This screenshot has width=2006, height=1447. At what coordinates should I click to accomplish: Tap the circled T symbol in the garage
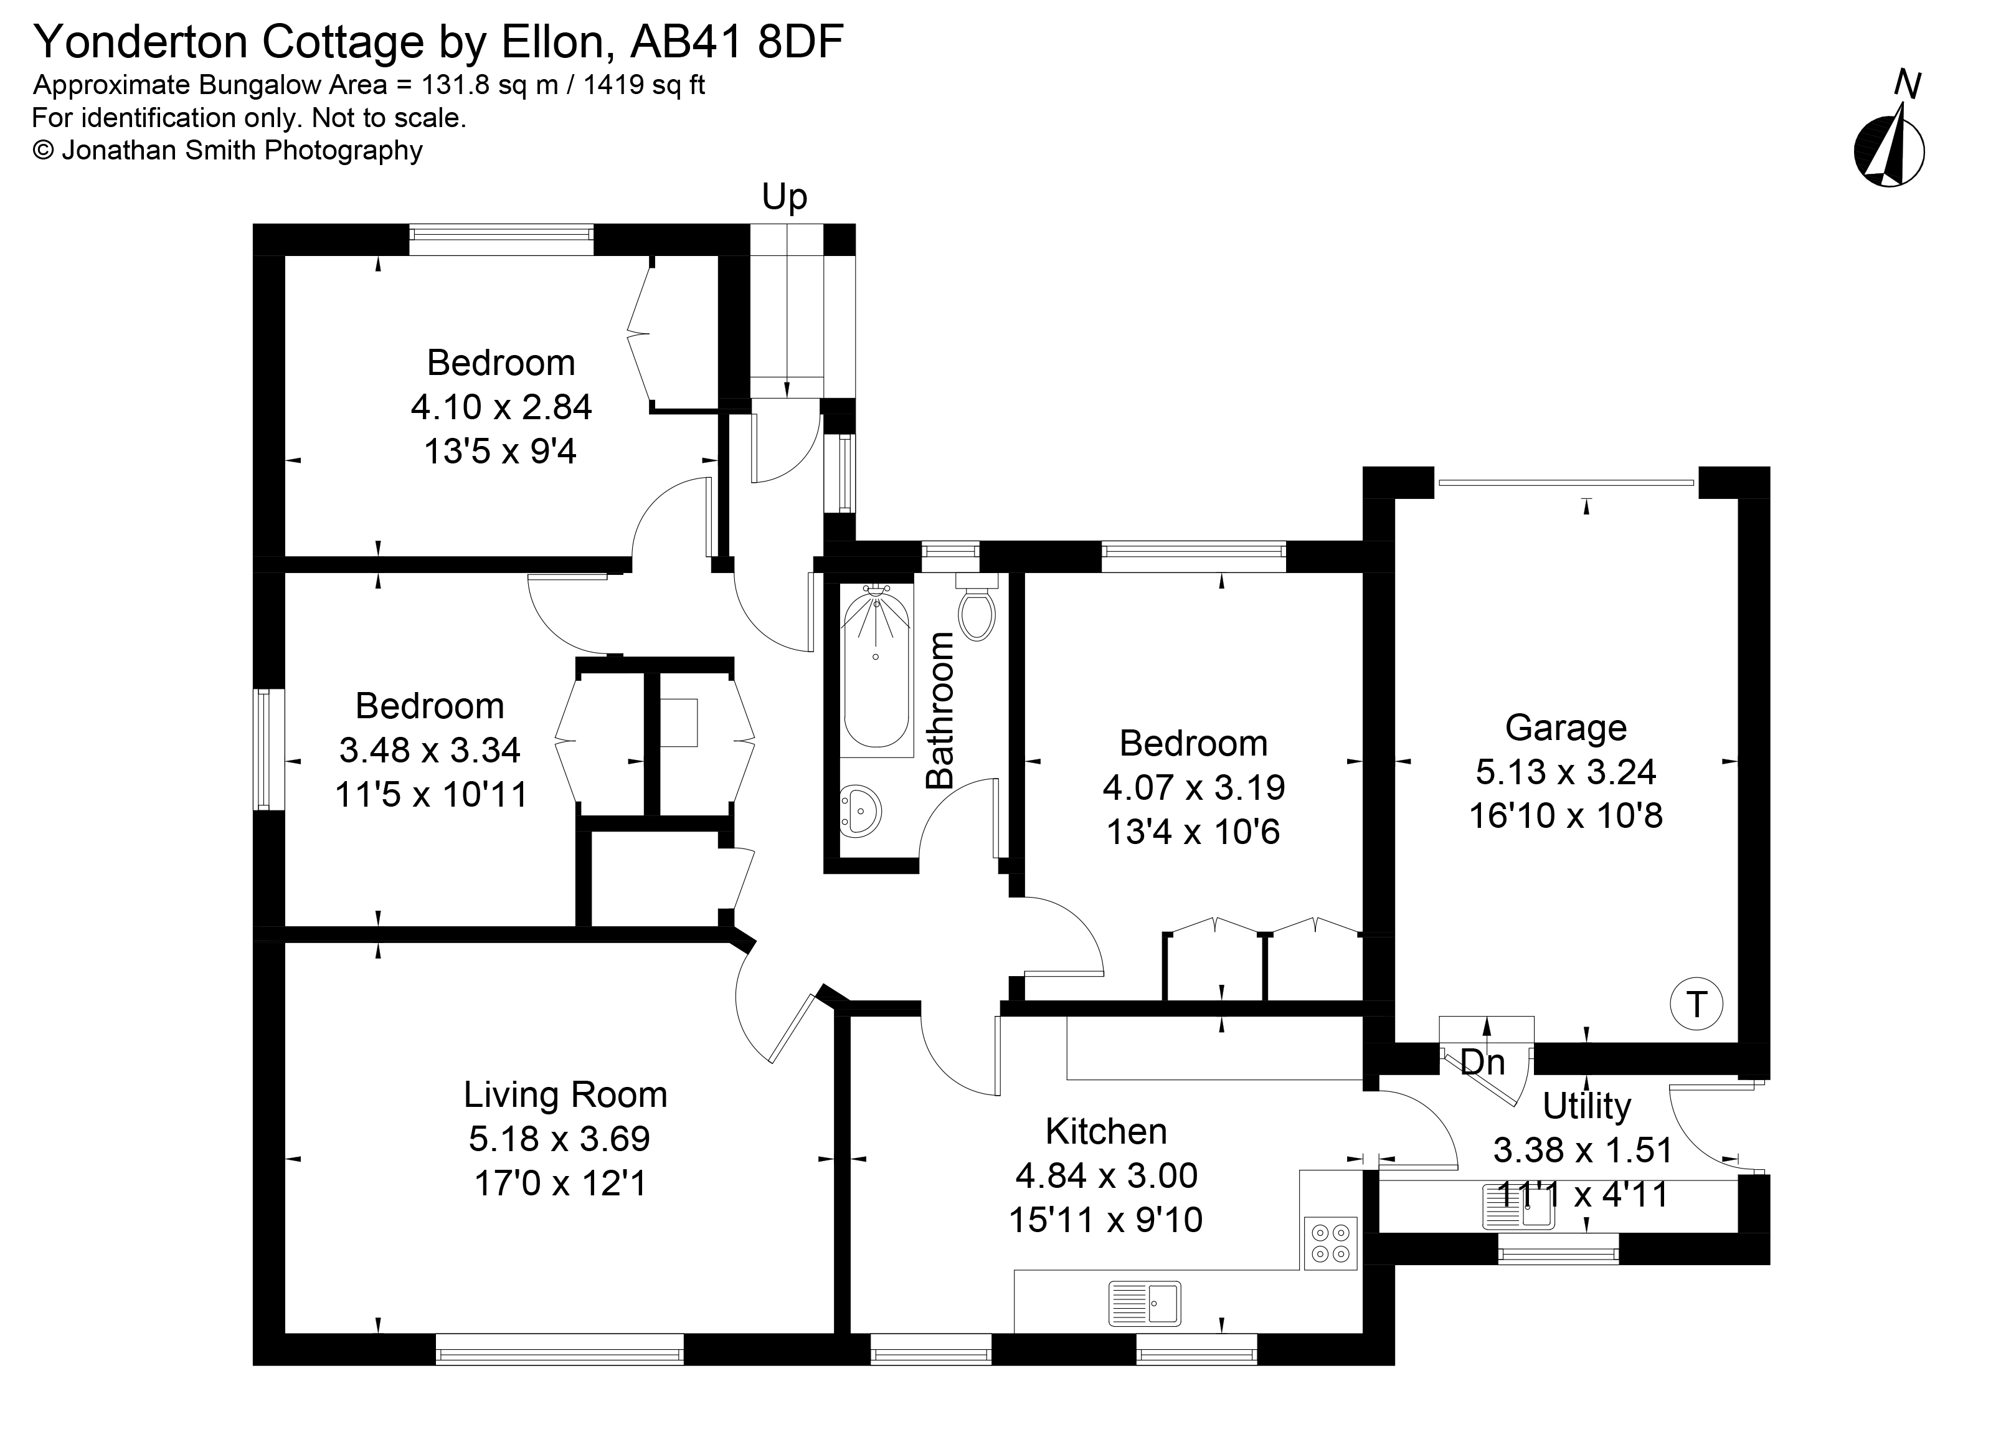tap(1696, 1005)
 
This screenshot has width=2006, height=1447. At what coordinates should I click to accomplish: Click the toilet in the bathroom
tap(977, 612)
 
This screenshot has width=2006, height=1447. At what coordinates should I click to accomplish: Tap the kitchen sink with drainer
tap(1145, 1303)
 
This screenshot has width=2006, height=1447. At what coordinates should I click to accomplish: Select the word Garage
tap(1566, 728)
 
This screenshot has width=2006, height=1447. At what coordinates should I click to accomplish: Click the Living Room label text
tap(565, 1095)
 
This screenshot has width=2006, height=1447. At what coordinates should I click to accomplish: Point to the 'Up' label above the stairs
tap(785, 198)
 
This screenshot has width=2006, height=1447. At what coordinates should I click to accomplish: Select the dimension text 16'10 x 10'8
tap(1566, 815)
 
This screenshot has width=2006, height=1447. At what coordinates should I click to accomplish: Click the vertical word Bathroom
tap(940, 710)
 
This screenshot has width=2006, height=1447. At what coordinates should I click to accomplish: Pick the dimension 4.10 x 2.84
tap(501, 407)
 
